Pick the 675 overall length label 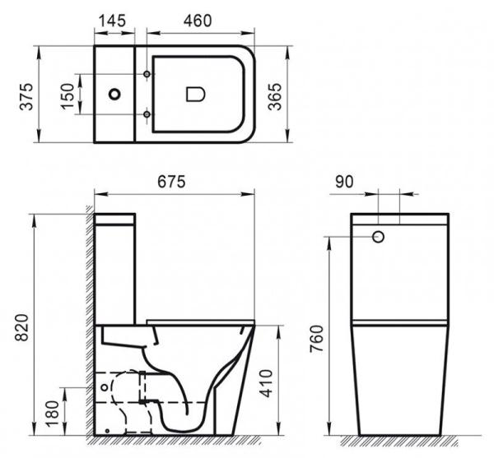(174, 180)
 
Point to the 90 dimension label (345, 181)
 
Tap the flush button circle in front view (379, 237)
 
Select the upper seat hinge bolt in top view (147, 76)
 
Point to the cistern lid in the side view (115, 220)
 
